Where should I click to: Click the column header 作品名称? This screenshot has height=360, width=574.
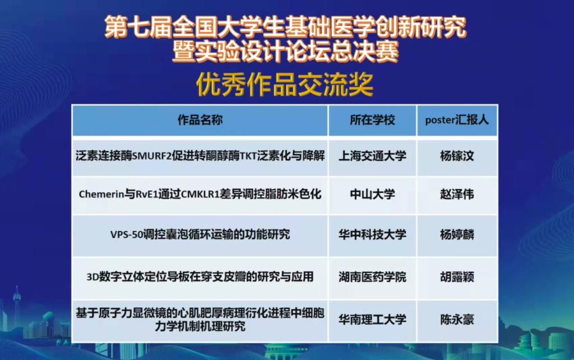pyautogui.click(x=200, y=120)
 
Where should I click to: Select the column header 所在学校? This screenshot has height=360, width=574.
pyautogui.click(x=372, y=120)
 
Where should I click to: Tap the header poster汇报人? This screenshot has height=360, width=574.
pyautogui.click(x=457, y=120)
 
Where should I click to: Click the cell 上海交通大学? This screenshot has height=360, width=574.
pyautogui.click(x=372, y=156)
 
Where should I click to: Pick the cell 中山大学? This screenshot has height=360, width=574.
pyautogui.click(x=372, y=194)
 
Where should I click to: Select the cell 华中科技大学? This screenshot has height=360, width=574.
pyautogui.click(x=372, y=234)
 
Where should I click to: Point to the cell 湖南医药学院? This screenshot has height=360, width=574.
pyautogui.click(x=372, y=277)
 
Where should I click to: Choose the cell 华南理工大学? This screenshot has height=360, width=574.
pyautogui.click(x=372, y=320)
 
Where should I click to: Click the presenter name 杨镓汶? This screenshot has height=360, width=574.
pyautogui.click(x=457, y=156)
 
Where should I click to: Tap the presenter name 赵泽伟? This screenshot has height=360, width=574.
pyautogui.click(x=457, y=194)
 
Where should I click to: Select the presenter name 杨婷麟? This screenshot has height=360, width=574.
pyautogui.click(x=457, y=234)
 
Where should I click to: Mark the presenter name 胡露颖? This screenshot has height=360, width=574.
pyautogui.click(x=457, y=277)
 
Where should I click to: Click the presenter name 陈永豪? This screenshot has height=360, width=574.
pyautogui.click(x=457, y=320)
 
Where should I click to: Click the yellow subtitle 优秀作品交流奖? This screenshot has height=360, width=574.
pyautogui.click(x=285, y=85)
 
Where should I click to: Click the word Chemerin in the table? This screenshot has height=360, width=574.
pyautogui.click(x=101, y=194)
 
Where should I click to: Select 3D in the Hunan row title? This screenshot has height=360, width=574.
pyautogui.click(x=92, y=277)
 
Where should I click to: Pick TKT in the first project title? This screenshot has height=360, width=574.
pyautogui.click(x=248, y=156)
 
